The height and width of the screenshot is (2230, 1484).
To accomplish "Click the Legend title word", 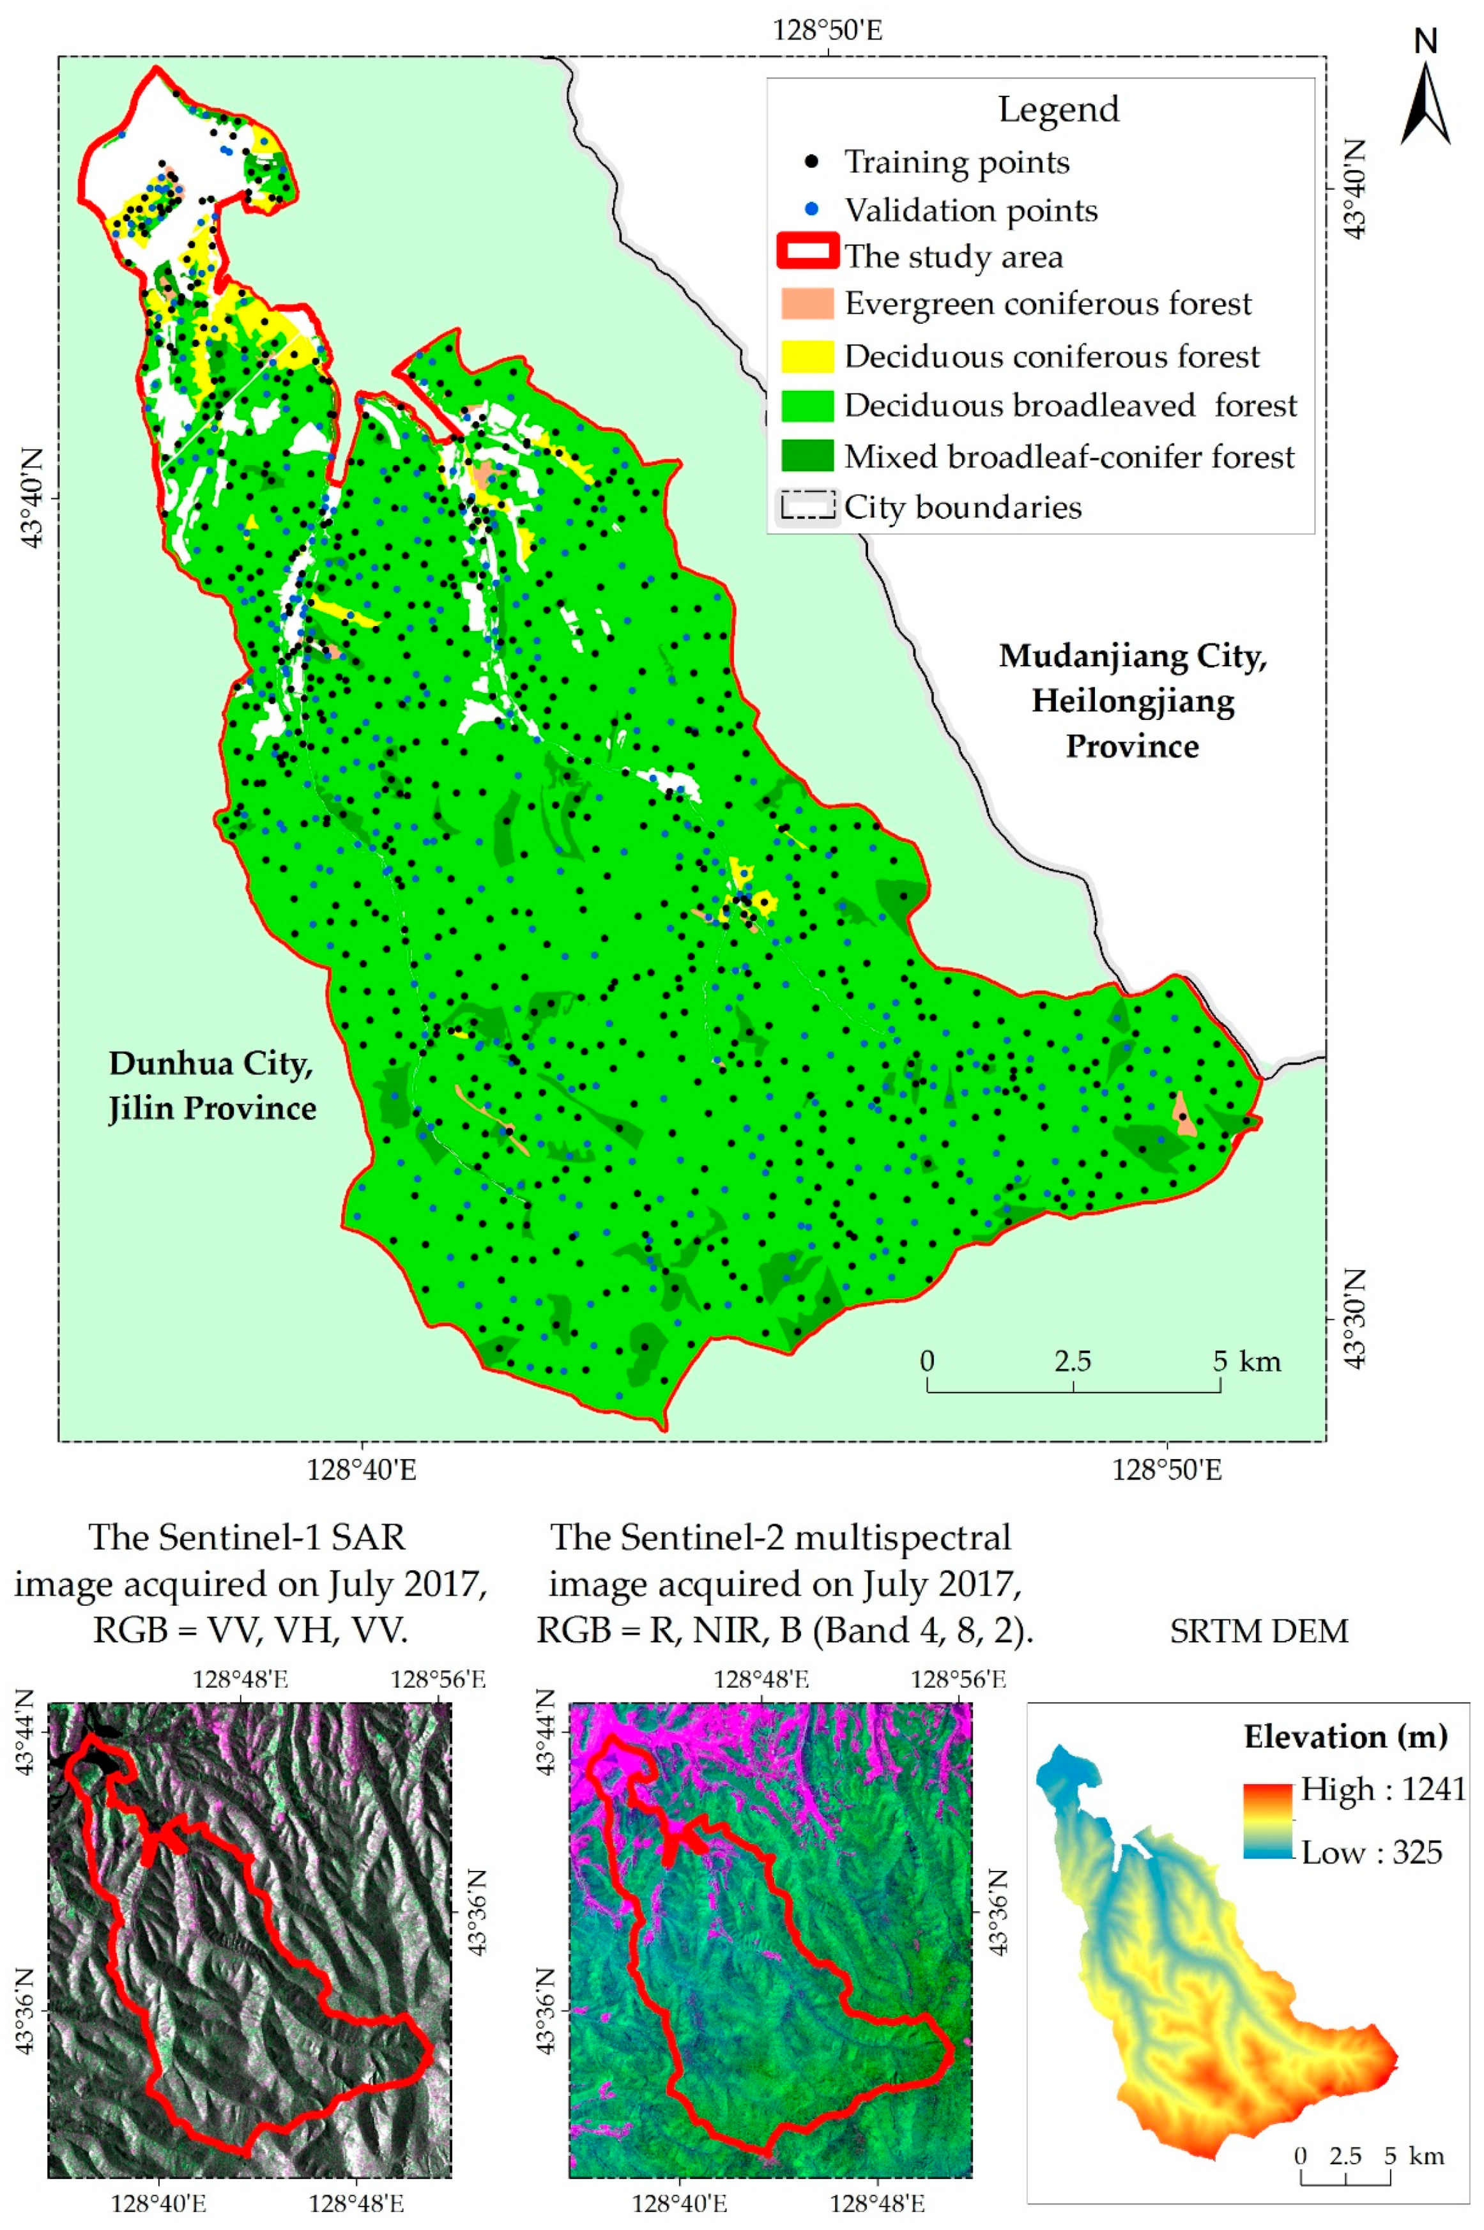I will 1058,110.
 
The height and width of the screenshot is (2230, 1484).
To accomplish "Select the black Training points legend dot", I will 811,162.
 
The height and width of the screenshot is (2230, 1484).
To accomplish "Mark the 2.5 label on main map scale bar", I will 1073,1361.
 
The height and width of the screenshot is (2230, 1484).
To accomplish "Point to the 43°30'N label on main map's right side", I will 1356,1317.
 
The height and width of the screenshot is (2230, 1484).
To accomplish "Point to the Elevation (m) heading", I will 1345,1736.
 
